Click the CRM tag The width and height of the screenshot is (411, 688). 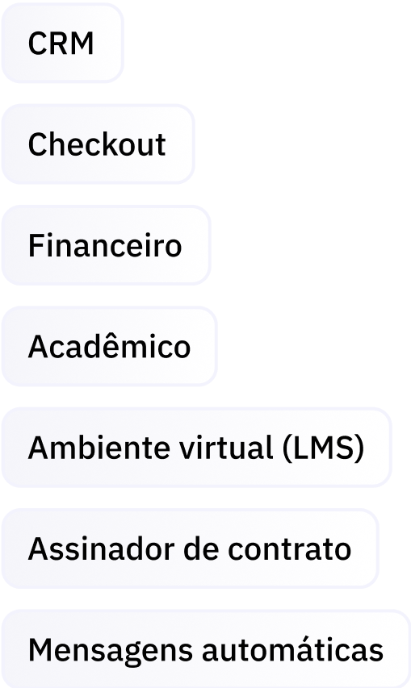pyautogui.click(x=62, y=43)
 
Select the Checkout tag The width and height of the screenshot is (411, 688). pyautogui.click(x=98, y=144)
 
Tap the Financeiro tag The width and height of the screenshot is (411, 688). pyautogui.click(x=107, y=245)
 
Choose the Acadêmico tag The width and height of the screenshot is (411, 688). pyautogui.click(x=109, y=346)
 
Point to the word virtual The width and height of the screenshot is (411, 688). pyautogui.click(x=226, y=448)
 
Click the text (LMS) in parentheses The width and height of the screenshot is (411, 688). pyautogui.click(x=323, y=448)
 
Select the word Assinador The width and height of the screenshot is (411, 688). pyautogui.click(x=101, y=548)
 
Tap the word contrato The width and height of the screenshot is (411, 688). pyautogui.click(x=289, y=549)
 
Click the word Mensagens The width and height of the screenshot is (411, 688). pyautogui.click(x=110, y=650)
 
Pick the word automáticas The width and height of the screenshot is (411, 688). pyautogui.click(x=292, y=649)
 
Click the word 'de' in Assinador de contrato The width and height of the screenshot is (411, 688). pyautogui.click(x=201, y=548)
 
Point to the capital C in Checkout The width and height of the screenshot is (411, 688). pyautogui.click(x=38, y=144)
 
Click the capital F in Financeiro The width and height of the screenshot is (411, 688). pyautogui.click(x=37, y=245)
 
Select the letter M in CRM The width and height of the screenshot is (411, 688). pyautogui.click(x=83, y=43)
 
